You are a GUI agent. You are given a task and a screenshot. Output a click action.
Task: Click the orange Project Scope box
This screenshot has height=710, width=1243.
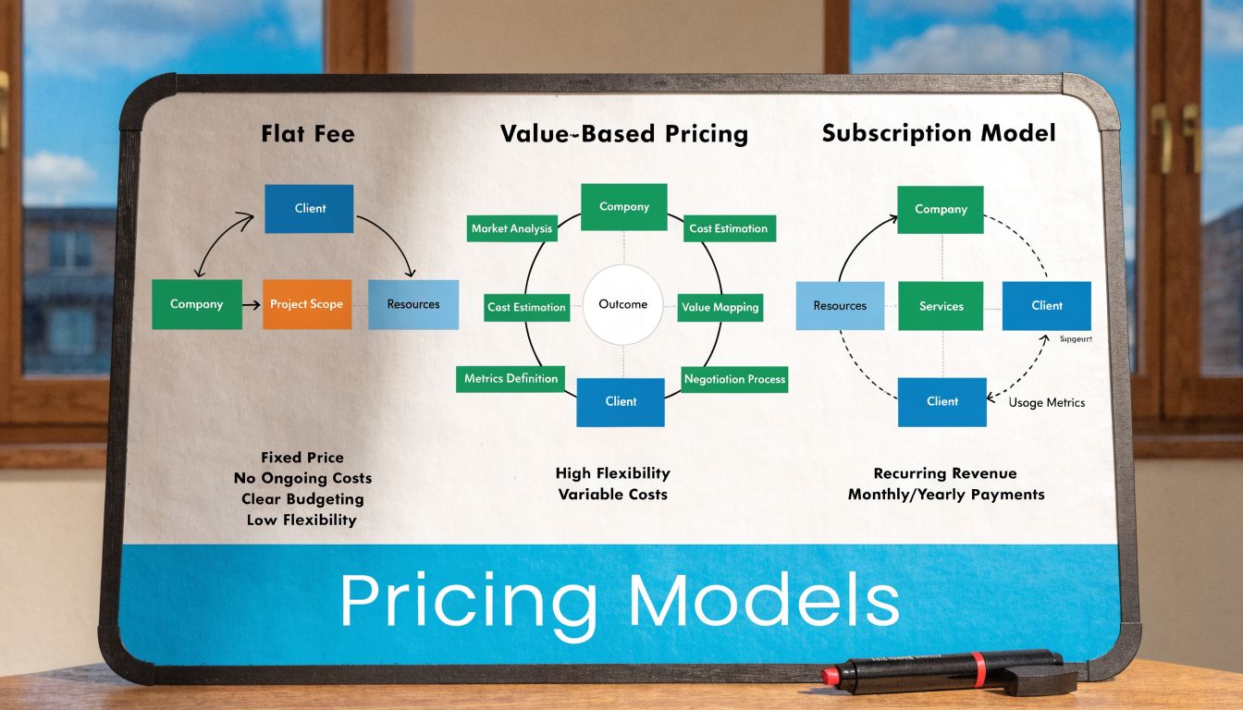(306, 304)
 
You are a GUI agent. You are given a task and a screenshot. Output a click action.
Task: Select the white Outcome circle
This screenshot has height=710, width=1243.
(622, 304)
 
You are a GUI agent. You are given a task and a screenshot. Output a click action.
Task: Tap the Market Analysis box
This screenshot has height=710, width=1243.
(511, 228)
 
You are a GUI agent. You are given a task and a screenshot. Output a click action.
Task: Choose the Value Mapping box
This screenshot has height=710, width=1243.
(720, 307)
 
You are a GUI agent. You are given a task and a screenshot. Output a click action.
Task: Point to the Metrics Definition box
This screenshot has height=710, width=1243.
(511, 378)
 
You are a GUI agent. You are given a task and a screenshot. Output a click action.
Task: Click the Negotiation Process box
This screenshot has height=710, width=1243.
(734, 379)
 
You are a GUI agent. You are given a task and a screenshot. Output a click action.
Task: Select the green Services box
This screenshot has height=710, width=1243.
(941, 306)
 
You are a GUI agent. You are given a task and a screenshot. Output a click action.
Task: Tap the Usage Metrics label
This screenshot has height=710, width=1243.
(1046, 402)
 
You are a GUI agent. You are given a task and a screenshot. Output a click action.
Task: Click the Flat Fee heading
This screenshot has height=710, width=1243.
(308, 134)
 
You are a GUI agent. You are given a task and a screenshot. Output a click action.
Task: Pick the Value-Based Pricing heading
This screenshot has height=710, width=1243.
(623, 134)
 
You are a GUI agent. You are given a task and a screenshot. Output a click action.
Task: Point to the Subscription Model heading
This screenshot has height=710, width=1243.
(938, 133)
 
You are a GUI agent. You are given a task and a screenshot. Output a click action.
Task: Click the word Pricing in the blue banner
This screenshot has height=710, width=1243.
(468, 602)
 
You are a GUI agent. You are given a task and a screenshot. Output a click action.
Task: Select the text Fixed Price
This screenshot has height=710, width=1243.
(302, 458)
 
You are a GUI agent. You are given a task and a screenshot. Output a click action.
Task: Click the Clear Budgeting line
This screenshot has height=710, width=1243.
(302, 499)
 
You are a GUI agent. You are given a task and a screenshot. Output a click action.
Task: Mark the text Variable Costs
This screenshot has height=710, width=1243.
(612, 495)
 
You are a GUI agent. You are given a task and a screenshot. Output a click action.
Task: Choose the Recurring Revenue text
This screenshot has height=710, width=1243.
(945, 474)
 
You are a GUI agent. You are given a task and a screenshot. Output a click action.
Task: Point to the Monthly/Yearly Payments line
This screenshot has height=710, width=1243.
(946, 495)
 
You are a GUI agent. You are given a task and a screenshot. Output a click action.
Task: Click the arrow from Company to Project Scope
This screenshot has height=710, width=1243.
(252, 304)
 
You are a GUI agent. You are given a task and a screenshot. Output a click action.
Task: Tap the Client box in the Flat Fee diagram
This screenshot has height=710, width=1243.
(309, 208)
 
